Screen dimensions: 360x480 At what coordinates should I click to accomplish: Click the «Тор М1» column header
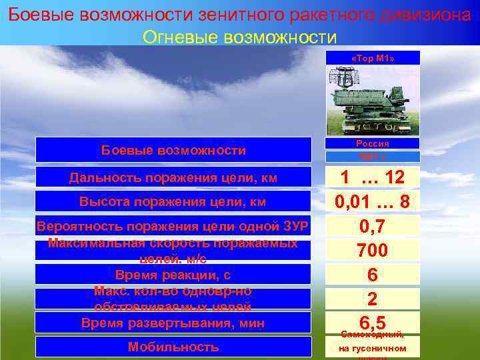click(373, 58)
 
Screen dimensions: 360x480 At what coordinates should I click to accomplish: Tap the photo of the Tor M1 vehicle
click(373, 100)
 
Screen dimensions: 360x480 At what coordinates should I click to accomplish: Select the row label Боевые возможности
click(173, 150)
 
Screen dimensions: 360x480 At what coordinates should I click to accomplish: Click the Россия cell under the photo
click(373, 143)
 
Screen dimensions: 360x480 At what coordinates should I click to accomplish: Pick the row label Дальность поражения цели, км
click(173, 177)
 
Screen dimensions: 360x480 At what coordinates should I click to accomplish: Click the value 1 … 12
click(373, 177)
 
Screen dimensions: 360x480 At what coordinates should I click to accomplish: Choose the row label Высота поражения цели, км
click(173, 201)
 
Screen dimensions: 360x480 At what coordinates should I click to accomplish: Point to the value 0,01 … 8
click(373, 201)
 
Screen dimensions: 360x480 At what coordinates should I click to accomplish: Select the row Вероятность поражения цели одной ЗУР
click(173, 227)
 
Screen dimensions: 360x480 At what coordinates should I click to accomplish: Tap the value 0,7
click(373, 227)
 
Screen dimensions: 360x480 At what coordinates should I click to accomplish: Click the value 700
click(373, 251)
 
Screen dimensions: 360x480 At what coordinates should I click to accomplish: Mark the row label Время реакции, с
click(173, 274)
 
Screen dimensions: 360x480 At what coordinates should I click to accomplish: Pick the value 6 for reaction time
click(373, 275)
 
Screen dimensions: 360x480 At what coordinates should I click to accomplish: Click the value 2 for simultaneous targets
click(373, 298)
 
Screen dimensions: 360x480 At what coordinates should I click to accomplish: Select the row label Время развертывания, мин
click(173, 323)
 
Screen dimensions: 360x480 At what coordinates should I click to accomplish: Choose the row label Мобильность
click(173, 347)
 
